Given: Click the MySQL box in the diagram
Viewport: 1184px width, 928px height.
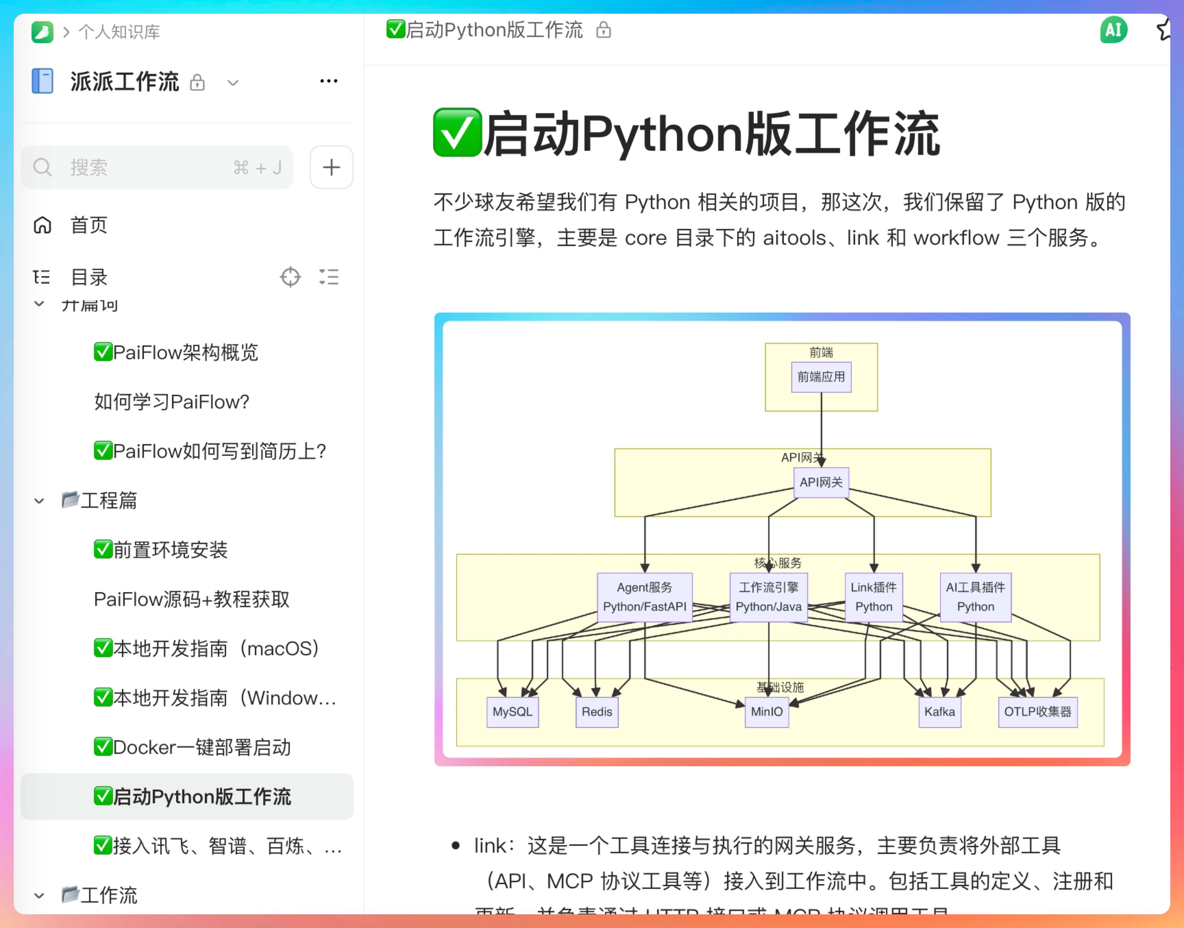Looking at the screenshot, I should coord(512,712).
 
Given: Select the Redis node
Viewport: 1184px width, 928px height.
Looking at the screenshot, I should coord(596,712).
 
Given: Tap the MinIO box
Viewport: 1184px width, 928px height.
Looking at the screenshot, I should coord(766,712).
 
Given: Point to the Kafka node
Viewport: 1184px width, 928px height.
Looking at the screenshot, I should coord(939,712).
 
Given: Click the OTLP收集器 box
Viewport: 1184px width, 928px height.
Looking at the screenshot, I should coord(1037,712).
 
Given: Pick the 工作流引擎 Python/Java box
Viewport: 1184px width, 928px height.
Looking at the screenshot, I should coord(768,597).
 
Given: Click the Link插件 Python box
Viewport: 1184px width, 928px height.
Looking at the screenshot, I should coord(873,597).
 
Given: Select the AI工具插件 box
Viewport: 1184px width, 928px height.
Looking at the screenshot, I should coord(975,597).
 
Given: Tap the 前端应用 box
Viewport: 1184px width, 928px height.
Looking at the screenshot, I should coord(821,377).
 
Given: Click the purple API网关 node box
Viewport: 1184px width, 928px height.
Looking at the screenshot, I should coord(821,482).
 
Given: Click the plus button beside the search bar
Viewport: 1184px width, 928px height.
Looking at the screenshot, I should coord(331,167).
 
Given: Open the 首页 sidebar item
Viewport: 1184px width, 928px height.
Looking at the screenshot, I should coord(88,225).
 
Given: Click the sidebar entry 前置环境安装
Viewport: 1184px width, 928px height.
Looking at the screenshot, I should coord(170,550).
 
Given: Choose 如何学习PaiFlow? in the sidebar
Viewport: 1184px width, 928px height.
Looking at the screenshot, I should coord(171,402).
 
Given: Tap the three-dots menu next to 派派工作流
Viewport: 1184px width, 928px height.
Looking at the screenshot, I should coord(329,82).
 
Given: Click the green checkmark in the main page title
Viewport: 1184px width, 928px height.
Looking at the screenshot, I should coord(457,133).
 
